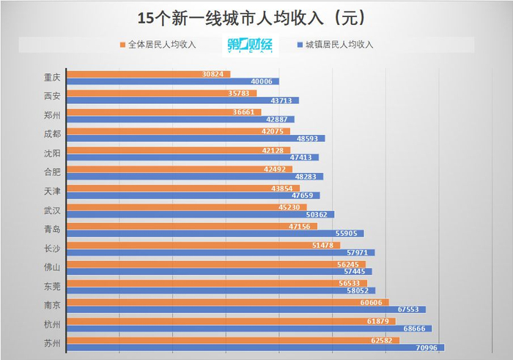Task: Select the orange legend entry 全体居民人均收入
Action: (x=158, y=45)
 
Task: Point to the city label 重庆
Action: (x=53, y=77)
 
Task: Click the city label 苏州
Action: (x=53, y=343)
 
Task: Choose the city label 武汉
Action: (x=53, y=210)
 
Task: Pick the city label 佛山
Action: (x=53, y=267)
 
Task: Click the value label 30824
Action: (x=215, y=74)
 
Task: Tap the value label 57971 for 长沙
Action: (x=359, y=252)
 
